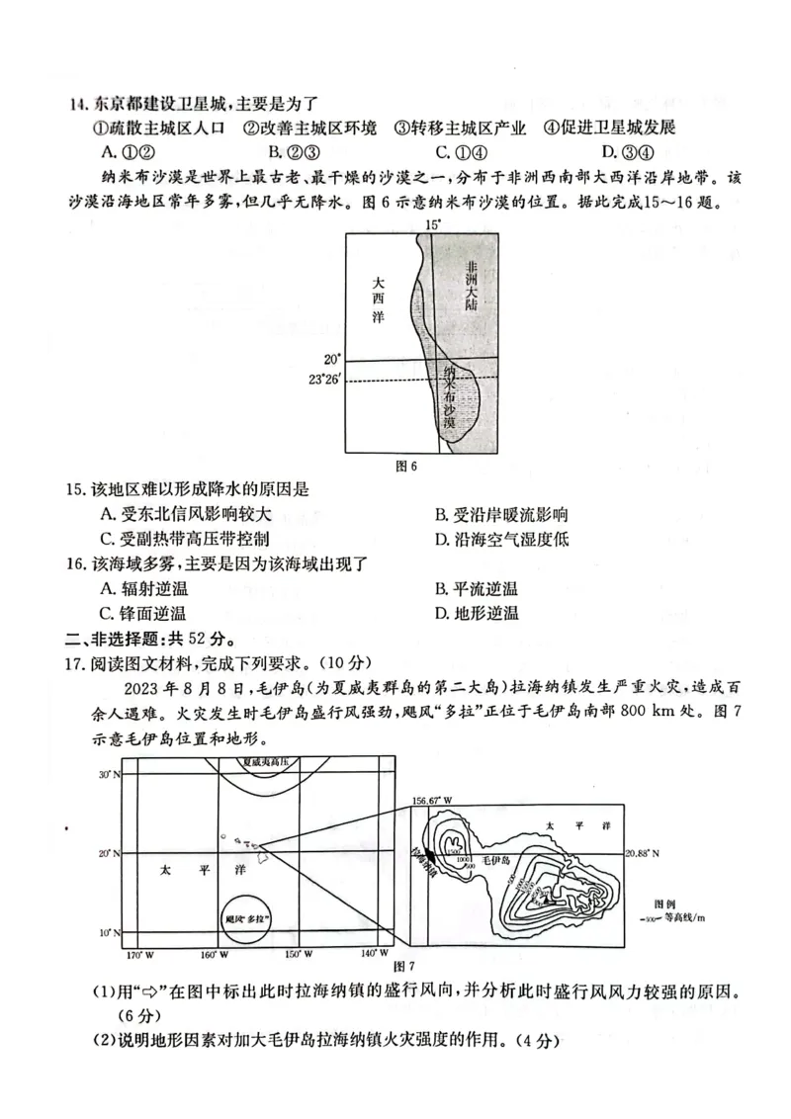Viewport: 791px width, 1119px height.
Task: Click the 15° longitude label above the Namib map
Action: tap(431, 225)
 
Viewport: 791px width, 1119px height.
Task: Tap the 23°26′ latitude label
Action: tap(324, 380)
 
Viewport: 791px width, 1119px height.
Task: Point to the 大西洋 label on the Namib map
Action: tap(379, 299)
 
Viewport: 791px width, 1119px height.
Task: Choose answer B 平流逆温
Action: tap(476, 589)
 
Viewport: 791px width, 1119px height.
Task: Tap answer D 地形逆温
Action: tap(476, 614)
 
